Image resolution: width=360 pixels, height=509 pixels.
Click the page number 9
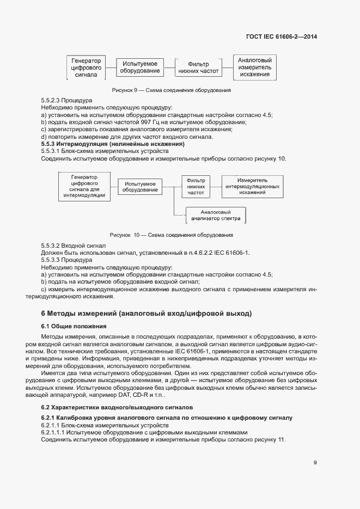coord(315,463)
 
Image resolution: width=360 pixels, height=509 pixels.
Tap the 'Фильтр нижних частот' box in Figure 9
coord(198,68)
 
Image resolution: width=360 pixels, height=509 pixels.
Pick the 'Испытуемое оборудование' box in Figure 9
coord(140,68)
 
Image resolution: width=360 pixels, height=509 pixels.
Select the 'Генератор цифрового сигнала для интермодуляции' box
coord(84,186)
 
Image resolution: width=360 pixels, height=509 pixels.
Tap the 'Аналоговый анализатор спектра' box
coord(216,215)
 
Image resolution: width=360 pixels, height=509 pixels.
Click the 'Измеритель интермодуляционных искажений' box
coord(252,186)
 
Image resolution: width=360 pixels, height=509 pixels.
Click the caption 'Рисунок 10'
coord(171,235)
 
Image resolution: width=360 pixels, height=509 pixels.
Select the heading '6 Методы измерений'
coord(147,314)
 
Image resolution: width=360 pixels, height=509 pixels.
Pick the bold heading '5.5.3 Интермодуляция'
coord(113,144)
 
